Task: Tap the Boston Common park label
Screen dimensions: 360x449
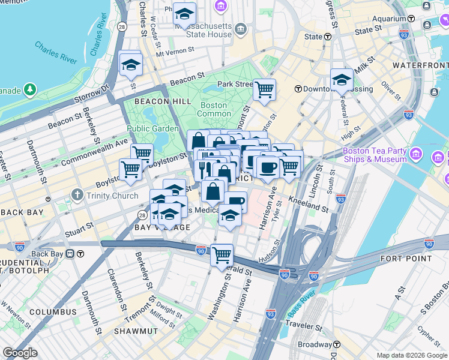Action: [214, 109]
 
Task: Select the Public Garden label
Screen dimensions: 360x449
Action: [152, 128]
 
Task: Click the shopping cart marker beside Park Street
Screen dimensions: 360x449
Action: [264, 90]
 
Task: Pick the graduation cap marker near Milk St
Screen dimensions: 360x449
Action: [342, 79]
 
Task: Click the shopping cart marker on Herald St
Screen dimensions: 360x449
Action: [221, 254]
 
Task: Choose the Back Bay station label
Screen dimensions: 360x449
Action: [48, 253]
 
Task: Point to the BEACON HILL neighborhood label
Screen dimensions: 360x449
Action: [157, 102]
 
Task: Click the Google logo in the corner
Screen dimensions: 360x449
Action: [20, 353]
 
